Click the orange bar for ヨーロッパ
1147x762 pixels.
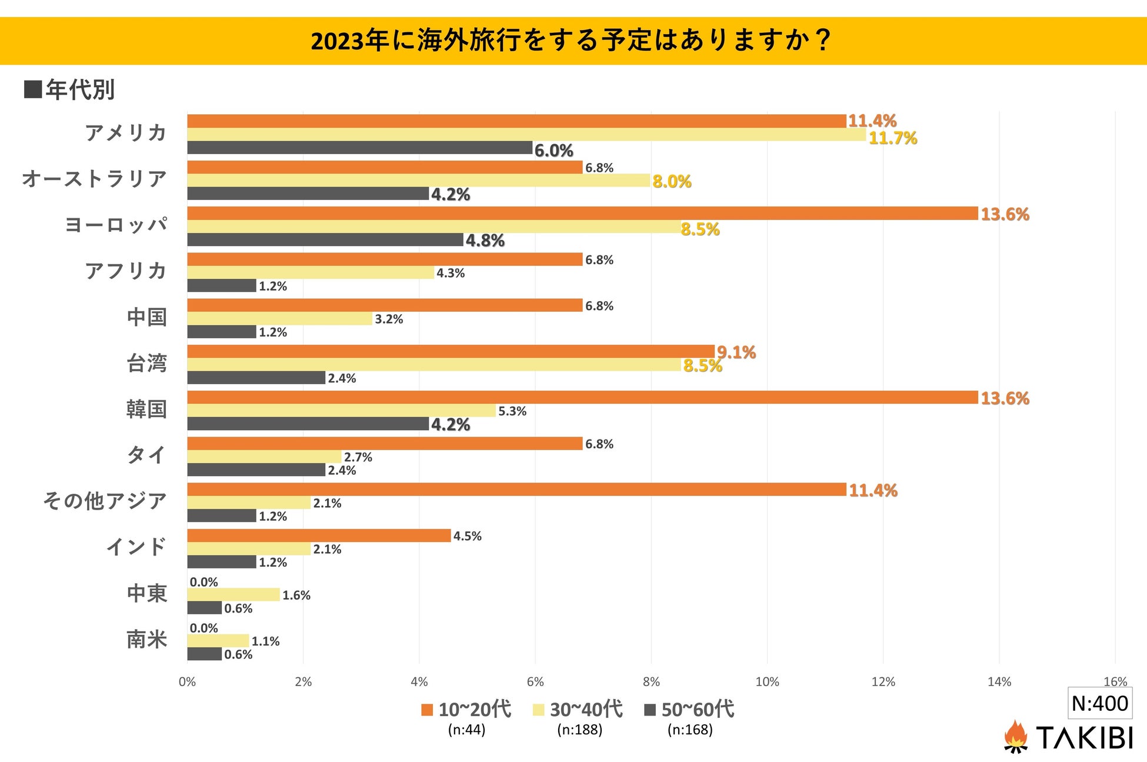[x=582, y=213]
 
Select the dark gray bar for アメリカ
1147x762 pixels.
[x=359, y=148]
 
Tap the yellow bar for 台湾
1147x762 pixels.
[x=434, y=365]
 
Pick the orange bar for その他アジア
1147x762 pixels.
[x=516, y=490]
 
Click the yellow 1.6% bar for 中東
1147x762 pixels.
[x=234, y=594]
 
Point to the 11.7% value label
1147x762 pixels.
[x=892, y=138]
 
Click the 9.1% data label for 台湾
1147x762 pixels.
[x=736, y=352]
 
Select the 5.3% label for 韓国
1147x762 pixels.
[x=512, y=411]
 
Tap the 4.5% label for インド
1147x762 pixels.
[x=467, y=536]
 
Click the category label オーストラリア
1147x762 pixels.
[x=95, y=178]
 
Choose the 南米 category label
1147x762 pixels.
[x=146, y=639]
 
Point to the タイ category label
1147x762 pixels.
[x=146, y=455]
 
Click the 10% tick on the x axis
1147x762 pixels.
[x=766, y=682]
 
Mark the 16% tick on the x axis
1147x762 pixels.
[x=1115, y=682]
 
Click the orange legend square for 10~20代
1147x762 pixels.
[x=427, y=710]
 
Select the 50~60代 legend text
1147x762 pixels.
[x=698, y=709]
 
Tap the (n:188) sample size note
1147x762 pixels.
[x=579, y=730]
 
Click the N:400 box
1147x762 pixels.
[x=1099, y=703]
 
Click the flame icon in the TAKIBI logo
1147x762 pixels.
[x=1015, y=736]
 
